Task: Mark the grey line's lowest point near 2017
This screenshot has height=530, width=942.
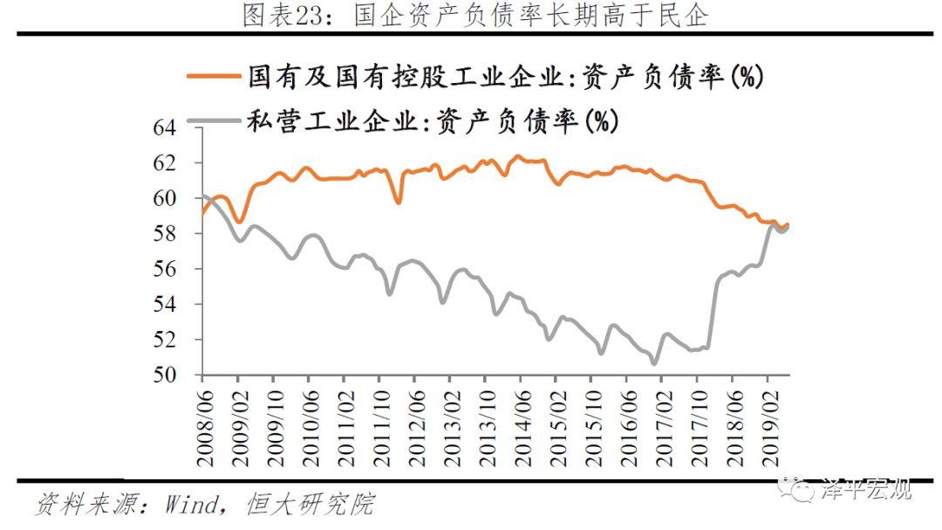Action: (654, 363)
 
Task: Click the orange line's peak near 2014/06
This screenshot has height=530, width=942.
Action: (517, 156)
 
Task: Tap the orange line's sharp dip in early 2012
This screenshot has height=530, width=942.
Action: (399, 203)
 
